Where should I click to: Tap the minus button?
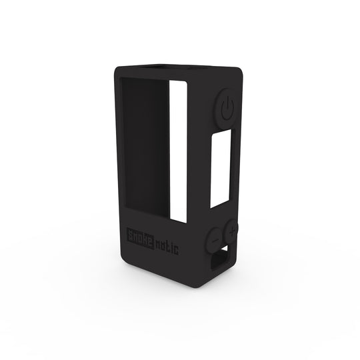point(215,236)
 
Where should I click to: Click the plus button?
point(232,231)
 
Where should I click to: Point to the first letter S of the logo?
point(131,235)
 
